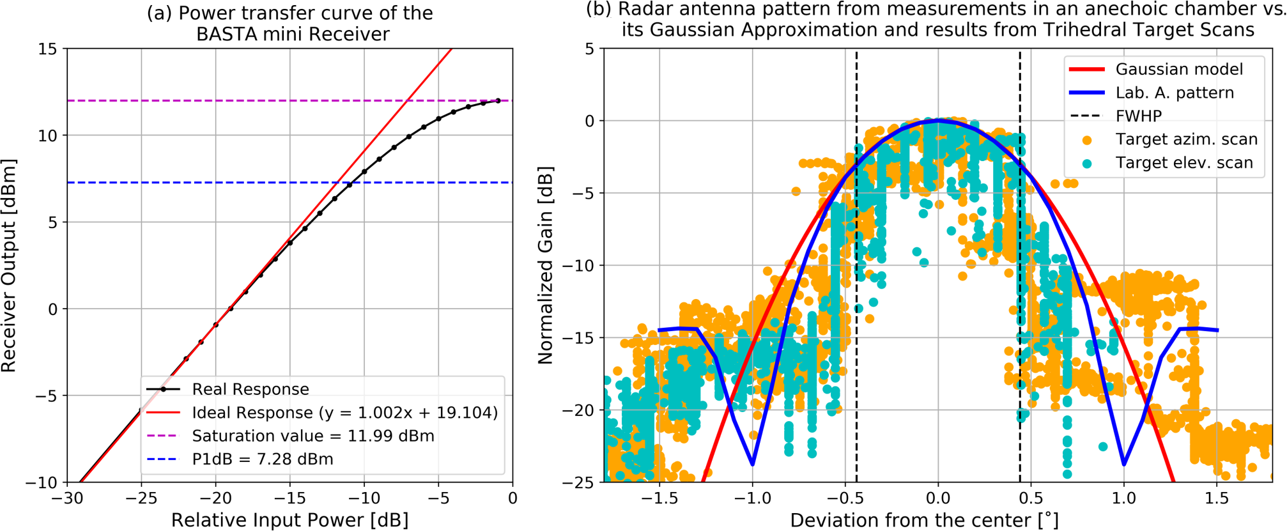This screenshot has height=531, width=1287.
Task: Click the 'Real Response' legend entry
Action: click(250, 389)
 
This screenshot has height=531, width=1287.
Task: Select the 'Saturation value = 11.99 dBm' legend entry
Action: click(312, 436)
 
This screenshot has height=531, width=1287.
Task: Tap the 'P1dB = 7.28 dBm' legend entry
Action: click(262, 459)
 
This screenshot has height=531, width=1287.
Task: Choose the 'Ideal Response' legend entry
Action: click(344, 413)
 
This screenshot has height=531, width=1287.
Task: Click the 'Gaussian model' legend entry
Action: click(1179, 69)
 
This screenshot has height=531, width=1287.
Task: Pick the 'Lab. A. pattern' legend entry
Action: click(1175, 93)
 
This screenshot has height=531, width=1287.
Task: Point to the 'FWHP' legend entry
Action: click(1139, 116)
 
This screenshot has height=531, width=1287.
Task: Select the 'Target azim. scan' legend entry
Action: click(1186, 139)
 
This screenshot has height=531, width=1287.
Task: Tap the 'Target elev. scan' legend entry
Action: click(1184, 163)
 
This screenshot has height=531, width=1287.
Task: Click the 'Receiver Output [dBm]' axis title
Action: click(9, 266)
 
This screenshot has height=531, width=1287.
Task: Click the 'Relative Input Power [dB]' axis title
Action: click(289, 520)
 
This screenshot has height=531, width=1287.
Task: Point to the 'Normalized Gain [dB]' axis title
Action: click(545, 266)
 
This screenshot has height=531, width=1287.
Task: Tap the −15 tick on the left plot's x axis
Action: click(289, 498)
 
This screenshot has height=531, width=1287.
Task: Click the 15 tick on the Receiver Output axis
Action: click(47, 49)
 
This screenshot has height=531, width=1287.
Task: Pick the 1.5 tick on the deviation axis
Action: click(1217, 498)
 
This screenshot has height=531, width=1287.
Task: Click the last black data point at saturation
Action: click(498, 100)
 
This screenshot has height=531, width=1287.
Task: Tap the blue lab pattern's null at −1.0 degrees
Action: click(753, 465)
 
